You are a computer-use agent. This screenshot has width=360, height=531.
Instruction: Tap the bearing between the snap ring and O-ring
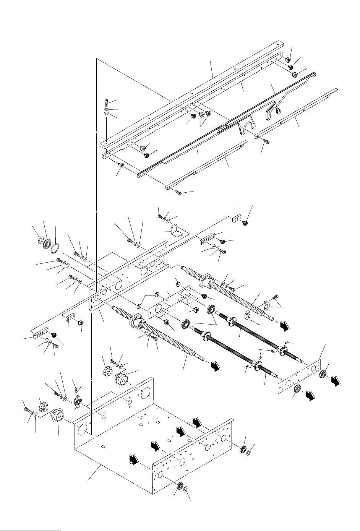click(x=48, y=244)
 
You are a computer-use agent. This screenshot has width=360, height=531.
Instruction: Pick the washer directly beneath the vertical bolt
click(x=107, y=109)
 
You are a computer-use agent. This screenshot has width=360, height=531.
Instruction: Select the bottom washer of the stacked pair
click(x=107, y=114)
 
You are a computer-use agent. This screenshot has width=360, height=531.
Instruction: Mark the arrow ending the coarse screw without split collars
click(x=216, y=366)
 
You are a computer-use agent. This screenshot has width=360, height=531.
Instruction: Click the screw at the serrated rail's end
click(x=178, y=193)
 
